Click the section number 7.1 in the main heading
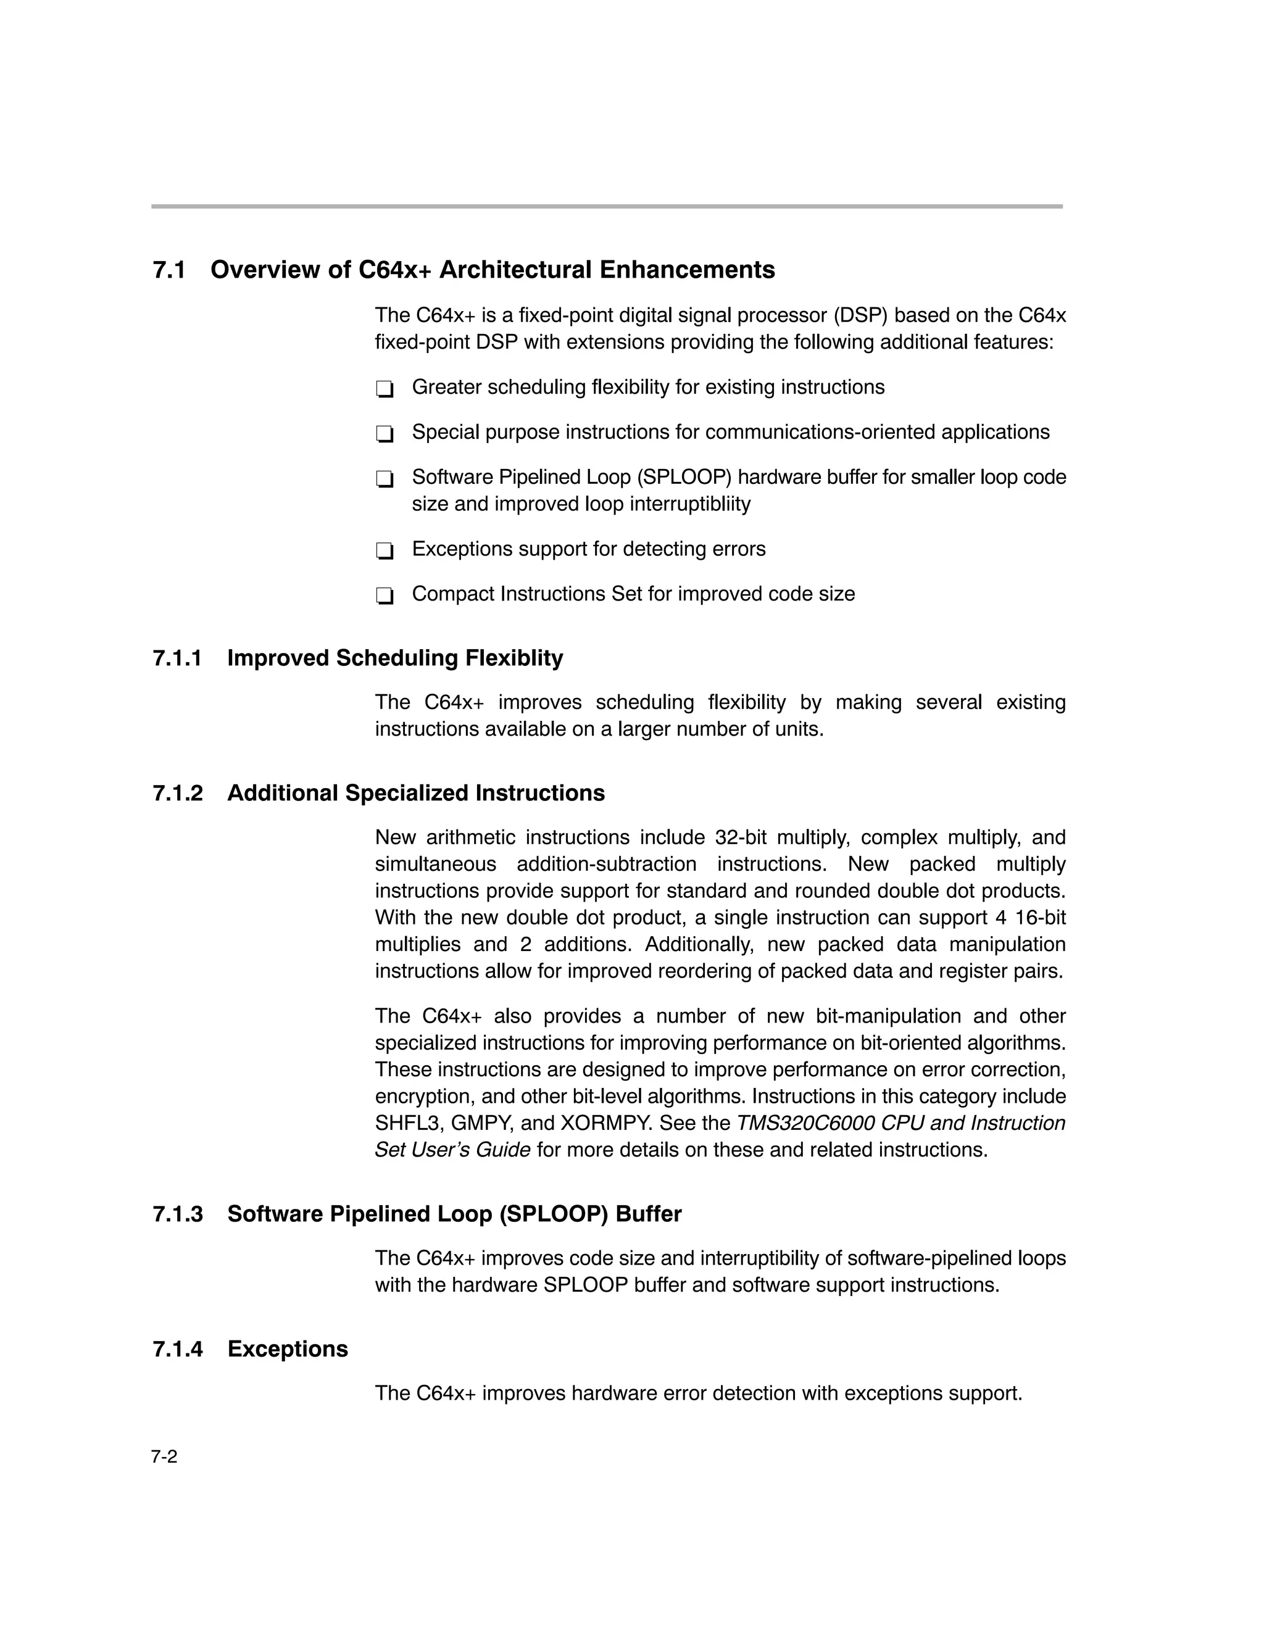pos(169,270)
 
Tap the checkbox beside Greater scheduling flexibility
pos(385,389)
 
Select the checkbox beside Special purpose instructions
pos(385,434)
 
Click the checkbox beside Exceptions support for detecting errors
pos(385,551)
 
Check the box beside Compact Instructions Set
pos(385,596)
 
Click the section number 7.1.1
pos(178,658)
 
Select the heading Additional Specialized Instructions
pos(416,792)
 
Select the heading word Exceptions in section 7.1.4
pos(288,1348)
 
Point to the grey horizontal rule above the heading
pos(607,206)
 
